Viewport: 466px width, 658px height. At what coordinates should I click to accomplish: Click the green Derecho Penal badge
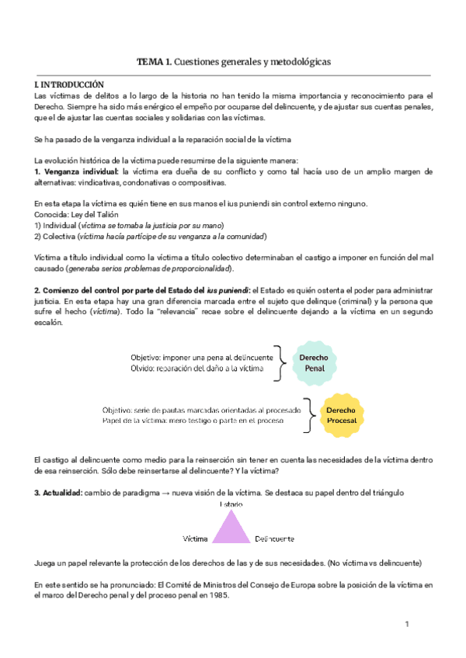point(314,362)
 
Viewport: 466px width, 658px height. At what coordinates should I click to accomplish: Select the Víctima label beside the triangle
point(195,538)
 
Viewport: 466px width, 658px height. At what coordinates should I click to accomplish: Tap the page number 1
point(406,624)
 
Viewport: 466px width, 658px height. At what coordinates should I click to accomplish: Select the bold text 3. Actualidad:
point(64,493)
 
